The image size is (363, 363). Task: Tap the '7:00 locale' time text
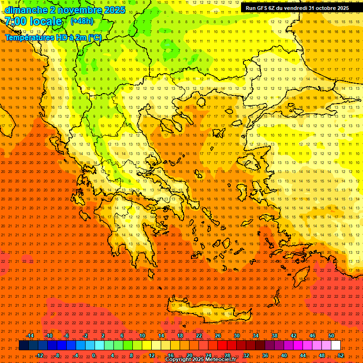pos(33,21)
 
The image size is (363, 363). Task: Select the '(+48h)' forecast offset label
pos(82,21)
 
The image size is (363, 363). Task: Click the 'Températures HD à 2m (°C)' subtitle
pos(53,38)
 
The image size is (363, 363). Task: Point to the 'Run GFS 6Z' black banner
pos(297,8)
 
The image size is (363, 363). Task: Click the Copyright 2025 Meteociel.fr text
pos(200,360)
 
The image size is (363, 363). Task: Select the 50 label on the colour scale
pos(331,336)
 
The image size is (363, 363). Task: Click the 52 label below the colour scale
pos(341,355)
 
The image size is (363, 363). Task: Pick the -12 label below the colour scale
pos(39,355)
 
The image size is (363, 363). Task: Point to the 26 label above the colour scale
pos(218,336)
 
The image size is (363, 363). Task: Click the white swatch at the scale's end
pos(336,346)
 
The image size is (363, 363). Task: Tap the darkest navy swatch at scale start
pos(24,346)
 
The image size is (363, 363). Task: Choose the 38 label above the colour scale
pos(275,336)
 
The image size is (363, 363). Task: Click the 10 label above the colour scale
pos(142,336)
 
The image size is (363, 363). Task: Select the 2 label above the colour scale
pos(103,336)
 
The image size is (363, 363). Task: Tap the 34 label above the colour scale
pos(256,336)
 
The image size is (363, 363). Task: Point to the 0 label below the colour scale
pos(94,355)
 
